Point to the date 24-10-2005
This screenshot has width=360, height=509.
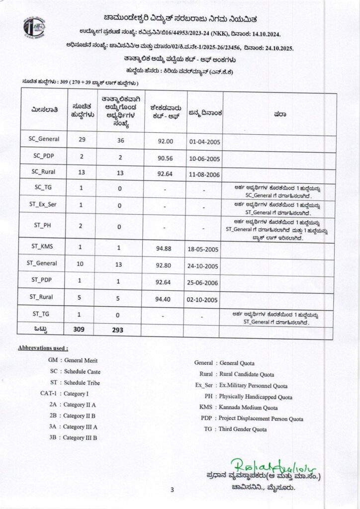pos(204,266)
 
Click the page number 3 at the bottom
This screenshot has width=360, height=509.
pos(172,490)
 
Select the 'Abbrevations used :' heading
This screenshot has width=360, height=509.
pos(43,348)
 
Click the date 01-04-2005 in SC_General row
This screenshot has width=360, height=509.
pos(204,142)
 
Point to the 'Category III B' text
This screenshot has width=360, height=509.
pos(80,437)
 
